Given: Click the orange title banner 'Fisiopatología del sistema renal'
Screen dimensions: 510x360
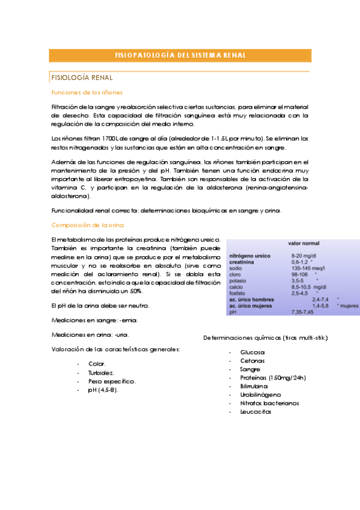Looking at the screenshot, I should (x=180, y=55).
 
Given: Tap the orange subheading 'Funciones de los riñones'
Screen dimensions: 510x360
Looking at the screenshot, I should (x=87, y=93).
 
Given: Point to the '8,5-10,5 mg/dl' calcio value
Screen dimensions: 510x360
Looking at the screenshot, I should (x=308, y=287).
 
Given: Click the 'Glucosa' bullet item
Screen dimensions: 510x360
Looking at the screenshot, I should (x=252, y=352).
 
